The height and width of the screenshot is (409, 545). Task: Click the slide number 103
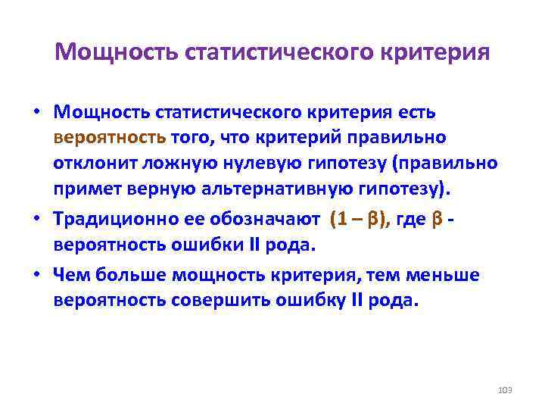click(x=506, y=389)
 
